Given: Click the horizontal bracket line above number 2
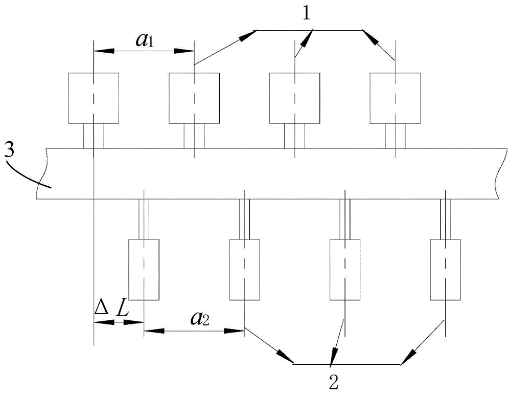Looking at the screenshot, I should pos(347,364).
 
